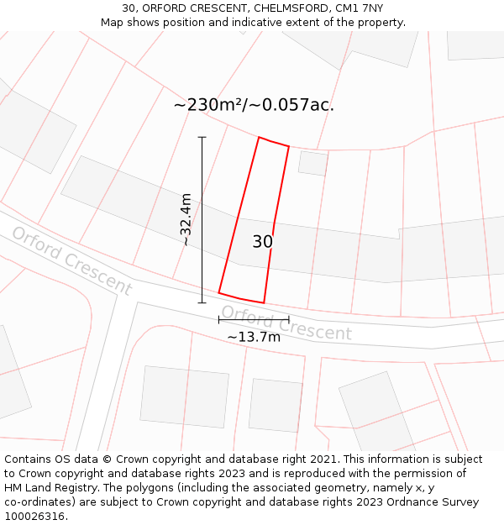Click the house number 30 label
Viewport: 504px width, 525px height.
click(x=262, y=242)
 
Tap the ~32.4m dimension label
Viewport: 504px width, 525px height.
click(x=186, y=219)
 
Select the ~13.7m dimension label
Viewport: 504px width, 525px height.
click(x=254, y=337)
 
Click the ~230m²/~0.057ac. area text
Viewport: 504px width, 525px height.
click(x=254, y=105)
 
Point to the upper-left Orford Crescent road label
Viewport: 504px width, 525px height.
click(x=72, y=260)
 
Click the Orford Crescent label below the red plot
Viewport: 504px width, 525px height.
click(x=286, y=323)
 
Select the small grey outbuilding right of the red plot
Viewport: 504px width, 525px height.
click(x=313, y=163)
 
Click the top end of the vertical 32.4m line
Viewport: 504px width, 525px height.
click(x=202, y=137)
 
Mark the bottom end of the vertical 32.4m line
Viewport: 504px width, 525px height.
click(x=202, y=302)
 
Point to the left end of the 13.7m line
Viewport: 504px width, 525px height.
click(x=219, y=320)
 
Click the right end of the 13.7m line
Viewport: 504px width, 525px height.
click(x=289, y=320)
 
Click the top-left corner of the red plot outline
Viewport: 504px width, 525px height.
click(x=259, y=138)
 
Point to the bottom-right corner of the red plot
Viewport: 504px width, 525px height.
click(x=264, y=302)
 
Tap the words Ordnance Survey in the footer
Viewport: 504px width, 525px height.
click(x=436, y=502)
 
